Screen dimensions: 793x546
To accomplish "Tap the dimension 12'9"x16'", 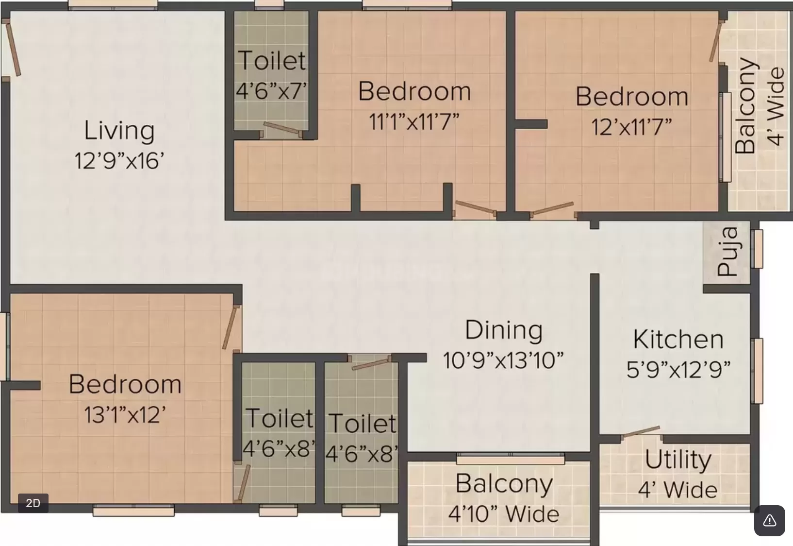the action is click(x=119, y=161).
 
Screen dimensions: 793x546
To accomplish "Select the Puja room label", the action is click(x=727, y=252).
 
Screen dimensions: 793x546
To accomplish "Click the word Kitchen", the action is click(x=678, y=340).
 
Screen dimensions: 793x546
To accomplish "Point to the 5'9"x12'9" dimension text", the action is click(x=678, y=370).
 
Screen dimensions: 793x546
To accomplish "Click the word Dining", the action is click(x=503, y=331).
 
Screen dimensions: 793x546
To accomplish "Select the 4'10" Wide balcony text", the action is click(x=504, y=514).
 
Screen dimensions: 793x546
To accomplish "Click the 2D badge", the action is click(x=33, y=503).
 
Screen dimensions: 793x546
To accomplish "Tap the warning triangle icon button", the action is click(x=770, y=520).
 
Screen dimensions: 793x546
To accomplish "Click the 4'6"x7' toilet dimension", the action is click(x=271, y=91).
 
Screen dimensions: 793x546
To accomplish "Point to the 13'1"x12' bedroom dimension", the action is click(x=125, y=415).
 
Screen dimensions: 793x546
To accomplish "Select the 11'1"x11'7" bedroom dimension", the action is click(x=414, y=121).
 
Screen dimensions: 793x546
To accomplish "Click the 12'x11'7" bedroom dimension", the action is click(x=631, y=127).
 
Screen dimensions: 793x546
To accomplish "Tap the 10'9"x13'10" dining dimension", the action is click(x=503, y=361).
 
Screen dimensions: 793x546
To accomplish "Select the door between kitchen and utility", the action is click(x=641, y=432).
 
